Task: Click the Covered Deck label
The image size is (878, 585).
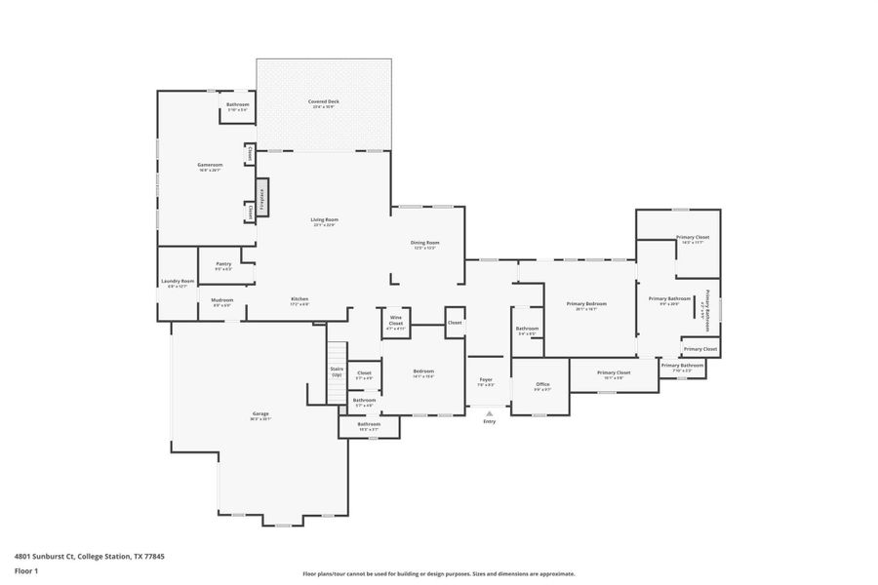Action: [325, 101]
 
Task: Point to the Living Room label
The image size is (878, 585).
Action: [324, 220]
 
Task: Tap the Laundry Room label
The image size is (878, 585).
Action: [178, 282]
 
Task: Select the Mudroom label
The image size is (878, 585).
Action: [222, 300]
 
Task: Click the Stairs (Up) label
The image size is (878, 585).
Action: [337, 370]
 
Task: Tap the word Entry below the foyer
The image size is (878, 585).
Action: [489, 421]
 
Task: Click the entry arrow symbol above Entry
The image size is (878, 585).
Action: [489, 412]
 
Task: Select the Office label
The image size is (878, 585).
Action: [542, 384]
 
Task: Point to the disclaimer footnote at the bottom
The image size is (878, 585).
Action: [439, 573]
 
